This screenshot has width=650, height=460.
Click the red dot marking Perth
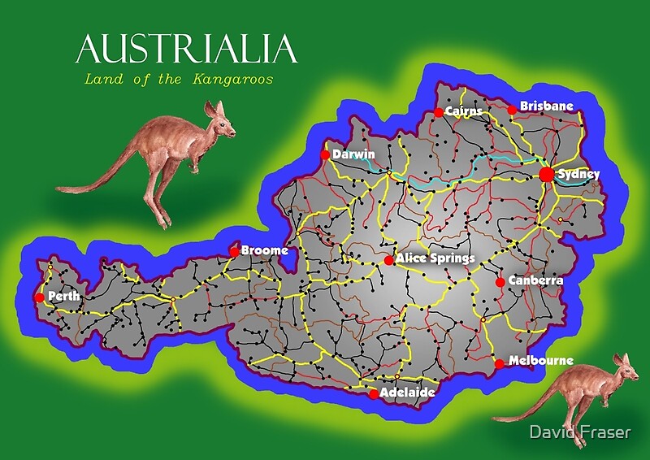[x=39, y=297]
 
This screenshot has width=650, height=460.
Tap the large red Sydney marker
[x=547, y=175]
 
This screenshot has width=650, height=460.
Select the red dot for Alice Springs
[x=389, y=260]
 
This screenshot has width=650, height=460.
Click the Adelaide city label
[x=407, y=393]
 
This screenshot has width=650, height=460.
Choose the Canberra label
[x=535, y=280]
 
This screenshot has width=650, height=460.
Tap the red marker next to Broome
[x=235, y=252]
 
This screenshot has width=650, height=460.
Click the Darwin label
[x=353, y=154]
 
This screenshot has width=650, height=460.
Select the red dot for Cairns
[x=439, y=112]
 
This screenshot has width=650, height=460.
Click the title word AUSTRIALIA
[x=187, y=50]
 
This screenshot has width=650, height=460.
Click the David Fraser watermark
[x=578, y=433]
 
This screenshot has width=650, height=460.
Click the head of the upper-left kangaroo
[x=221, y=122]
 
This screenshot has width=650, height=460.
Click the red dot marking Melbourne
[x=499, y=364]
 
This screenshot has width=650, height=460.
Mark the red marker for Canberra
[x=500, y=283]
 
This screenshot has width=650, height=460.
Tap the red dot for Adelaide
[x=373, y=394]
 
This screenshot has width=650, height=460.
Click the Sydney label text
[x=579, y=174]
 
